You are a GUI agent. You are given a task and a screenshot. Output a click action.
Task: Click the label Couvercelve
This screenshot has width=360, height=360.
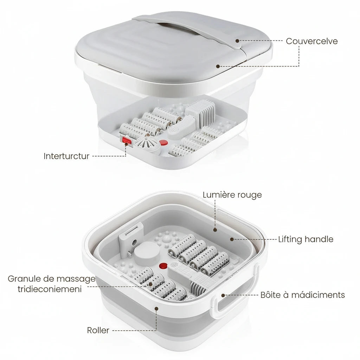311,41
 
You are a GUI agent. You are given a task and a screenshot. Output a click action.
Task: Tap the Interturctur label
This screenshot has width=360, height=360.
66,156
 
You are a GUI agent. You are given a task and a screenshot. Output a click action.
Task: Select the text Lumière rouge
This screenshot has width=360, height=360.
232,195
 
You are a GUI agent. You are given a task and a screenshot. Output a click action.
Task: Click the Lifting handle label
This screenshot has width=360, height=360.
306,239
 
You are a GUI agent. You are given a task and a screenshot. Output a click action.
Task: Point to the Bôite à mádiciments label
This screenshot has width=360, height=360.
303,295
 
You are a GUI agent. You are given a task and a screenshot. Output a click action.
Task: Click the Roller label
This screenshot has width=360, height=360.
98,330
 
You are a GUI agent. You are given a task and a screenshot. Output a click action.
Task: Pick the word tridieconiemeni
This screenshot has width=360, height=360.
50,289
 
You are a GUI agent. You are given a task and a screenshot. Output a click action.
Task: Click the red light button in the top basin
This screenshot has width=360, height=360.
163,143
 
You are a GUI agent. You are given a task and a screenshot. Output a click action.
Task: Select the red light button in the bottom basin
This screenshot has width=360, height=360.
163,266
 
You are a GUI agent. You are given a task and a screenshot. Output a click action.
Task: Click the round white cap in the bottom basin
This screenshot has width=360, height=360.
147,254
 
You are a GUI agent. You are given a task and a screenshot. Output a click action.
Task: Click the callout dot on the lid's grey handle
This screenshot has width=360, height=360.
237,41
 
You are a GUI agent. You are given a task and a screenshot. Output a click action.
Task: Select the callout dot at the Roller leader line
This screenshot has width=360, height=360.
156,309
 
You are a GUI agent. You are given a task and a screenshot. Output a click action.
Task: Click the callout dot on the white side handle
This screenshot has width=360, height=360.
223,295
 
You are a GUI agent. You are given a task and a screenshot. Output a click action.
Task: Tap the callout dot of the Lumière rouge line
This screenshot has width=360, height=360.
215,230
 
